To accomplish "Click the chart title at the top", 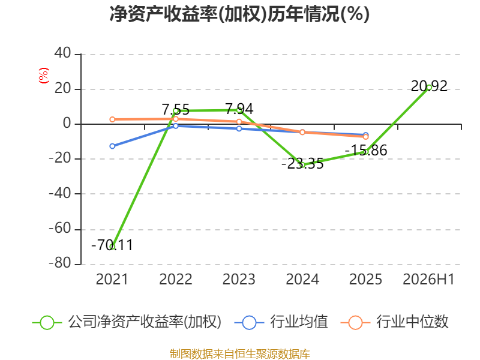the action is [x=239, y=14].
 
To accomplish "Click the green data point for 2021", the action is [x=112, y=247].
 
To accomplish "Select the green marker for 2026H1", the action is [x=429, y=88].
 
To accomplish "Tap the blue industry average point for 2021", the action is [x=112, y=146].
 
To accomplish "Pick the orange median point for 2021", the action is [x=112, y=119].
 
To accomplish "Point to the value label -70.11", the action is [x=112, y=245].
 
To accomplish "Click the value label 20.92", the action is [x=429, y=86].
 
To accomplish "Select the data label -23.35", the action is [x=302, y=164].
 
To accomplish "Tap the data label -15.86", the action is [x=366, y=151].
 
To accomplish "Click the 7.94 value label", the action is [x=239, y=109].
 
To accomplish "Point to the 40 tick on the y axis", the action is [x=63, y=53].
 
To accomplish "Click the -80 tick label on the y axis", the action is [x=60, y=263].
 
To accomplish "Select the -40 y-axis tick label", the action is [x=60, y=193].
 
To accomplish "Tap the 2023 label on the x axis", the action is [x=239, y=280].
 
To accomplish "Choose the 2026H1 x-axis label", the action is [x=429, y=280].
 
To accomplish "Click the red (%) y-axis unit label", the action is [x=44, y=76].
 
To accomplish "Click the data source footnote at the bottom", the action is [x=240, y=354].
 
